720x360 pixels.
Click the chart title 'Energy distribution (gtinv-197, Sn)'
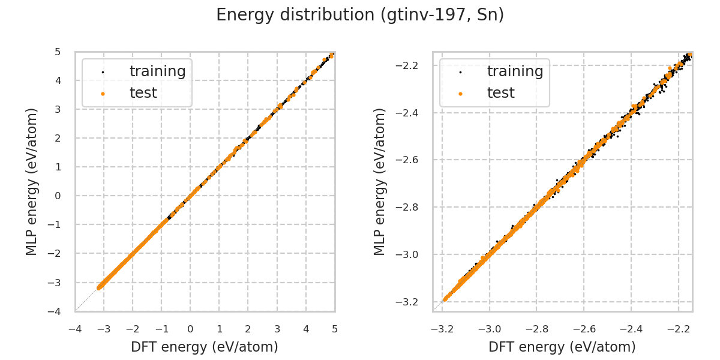click(x=360, y=15)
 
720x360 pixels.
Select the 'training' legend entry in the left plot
click(x=157, y=71)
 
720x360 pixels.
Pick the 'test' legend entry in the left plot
click(x=143, y=93)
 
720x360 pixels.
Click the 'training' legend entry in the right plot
click(x=515, y=71)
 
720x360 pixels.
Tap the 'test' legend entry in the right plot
click(x=500, y=93)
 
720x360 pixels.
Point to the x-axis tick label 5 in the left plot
click(x=335, y=329)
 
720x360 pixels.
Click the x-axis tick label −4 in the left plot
click(x=75, y=329)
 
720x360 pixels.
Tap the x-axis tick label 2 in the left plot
click(x=248, y=329)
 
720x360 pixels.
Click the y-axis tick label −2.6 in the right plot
click(x=412, y=160)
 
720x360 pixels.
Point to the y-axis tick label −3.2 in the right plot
click(x=412, y=302)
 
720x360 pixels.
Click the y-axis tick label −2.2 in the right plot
click(x=412, y=65)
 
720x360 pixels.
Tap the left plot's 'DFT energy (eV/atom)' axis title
click(x=205, y=347)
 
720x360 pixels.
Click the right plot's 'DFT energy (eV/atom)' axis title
click(x=562, y=347)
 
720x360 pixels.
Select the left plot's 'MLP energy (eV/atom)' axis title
click(x=32, y=181)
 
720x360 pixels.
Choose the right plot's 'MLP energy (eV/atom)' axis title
click(x=380, y=181)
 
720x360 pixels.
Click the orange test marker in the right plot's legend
click(x=460, y=94)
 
